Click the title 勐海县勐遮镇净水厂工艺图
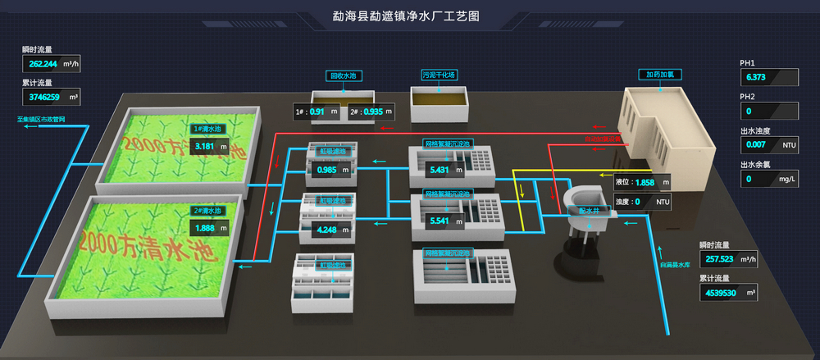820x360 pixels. (406, 16)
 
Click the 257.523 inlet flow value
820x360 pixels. (717, 258)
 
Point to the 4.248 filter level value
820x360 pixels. (326, 230)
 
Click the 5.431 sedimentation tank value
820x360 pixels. (440, 170)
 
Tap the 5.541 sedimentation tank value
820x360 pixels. (440, 221)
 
